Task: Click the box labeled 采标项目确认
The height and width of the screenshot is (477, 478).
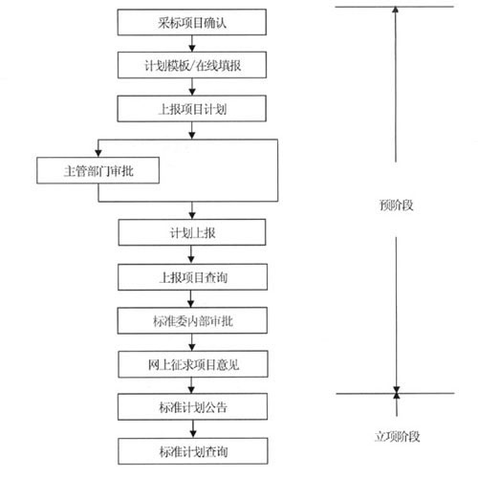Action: coord(192,22)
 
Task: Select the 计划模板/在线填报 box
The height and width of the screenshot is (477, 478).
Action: coord(192,65)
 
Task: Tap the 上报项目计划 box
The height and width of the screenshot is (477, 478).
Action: coord(192,109)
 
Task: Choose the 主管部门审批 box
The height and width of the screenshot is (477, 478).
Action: coord(98,170)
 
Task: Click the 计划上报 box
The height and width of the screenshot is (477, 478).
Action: coord(192,232)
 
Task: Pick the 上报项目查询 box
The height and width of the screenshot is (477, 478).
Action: coord(192,277)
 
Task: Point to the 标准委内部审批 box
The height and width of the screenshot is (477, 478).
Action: coord(192,320)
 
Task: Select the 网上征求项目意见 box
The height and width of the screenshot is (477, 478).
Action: coord(193,364)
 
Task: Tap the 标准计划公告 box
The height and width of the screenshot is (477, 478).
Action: coord(192,406)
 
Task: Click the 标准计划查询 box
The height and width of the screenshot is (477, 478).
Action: coord(193,451)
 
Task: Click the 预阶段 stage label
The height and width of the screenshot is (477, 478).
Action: coord(396,205)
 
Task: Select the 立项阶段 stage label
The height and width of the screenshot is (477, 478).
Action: coord(397,436)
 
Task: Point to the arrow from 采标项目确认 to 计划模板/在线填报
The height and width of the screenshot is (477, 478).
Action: coord(192,44)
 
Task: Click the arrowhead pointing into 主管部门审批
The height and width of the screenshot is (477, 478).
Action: coord(98,153)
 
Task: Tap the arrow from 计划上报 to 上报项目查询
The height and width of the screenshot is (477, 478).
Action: coord(191,254)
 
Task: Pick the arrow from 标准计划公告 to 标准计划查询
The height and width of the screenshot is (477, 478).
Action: coord(193,429)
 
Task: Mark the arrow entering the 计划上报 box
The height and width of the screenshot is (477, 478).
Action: coord(192,210)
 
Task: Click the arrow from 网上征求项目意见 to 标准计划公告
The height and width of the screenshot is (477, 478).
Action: coord(191,385)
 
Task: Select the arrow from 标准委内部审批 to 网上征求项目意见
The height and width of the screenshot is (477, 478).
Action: coord(192,342)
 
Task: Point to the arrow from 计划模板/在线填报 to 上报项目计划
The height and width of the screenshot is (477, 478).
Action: coord(192,87)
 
